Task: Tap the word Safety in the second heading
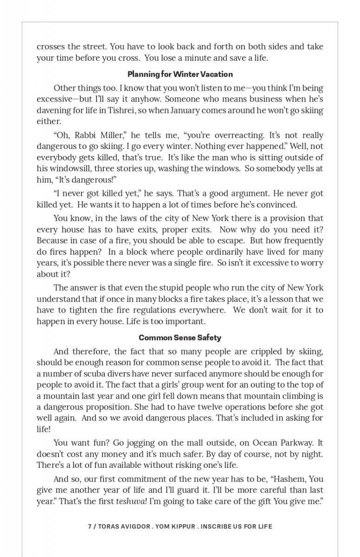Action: [x=209, y=337]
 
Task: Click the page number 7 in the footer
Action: [x=90, y=526]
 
